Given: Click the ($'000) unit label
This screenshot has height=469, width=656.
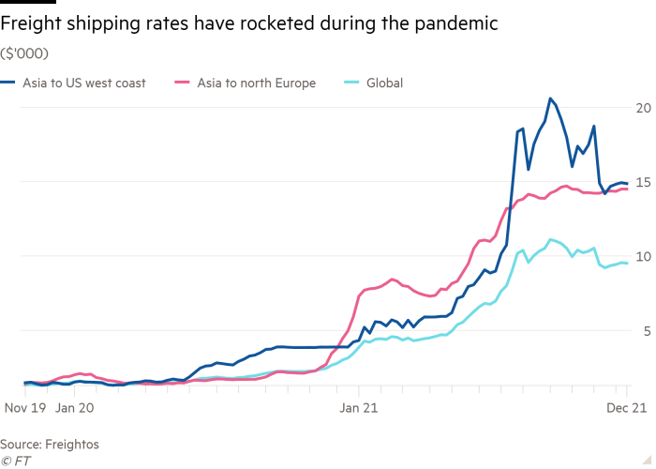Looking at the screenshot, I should click(x=23, y=53).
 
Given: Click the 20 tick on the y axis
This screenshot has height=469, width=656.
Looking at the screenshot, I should click(x=642, y=109).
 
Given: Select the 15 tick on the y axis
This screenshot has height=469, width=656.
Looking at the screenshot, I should click(x=642, y=183).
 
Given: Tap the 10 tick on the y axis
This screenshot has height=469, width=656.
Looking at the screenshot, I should click(x=642, y=257).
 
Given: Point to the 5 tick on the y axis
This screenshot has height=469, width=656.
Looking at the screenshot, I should click(x=646, y=331).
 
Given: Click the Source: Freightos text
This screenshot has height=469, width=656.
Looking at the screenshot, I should click(x=50, y=444).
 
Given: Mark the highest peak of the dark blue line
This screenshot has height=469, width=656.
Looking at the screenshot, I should click(x=551, y=98).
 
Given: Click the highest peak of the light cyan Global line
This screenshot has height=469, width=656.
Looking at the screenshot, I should click(x=551, y=238).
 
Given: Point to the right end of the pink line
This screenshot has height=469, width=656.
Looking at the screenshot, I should click(x=627, y=189).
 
